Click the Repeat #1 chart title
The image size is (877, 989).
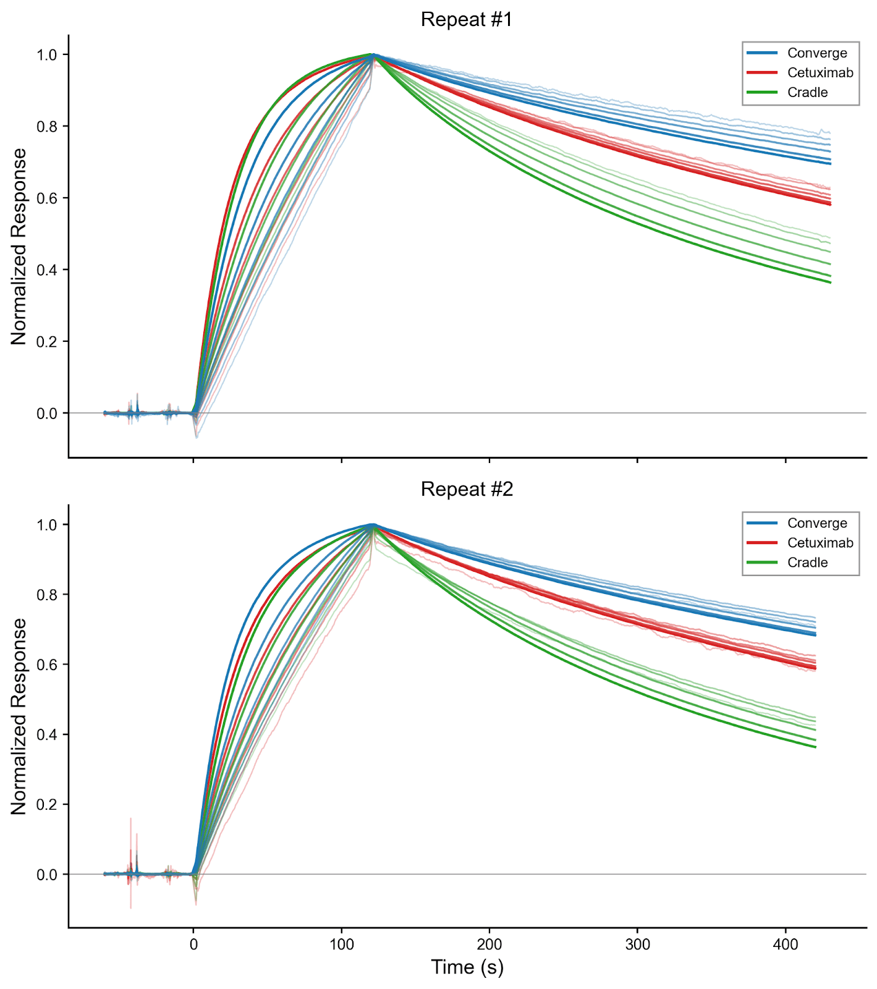click(x=467, y=20)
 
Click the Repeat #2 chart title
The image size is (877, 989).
click(x=467, y=490)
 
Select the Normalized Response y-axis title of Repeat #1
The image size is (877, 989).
click(x=19, y=246)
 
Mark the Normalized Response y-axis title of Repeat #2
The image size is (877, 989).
click(x=19, y=716)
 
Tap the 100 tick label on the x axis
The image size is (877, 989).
click(x=341, y=944)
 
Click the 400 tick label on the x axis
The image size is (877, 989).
click(x=786, y=944)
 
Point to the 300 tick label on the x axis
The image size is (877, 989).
click(x=637, y=944)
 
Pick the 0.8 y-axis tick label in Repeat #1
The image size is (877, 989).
click(x=47, y=127)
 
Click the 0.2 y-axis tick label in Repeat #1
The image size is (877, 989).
click(x=47, y=342)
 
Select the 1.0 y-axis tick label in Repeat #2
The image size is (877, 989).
click(x=47, y=525)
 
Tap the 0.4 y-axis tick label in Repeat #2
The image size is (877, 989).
click(x=47, y=735)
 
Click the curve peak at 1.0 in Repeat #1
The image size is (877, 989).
click(x=372, y=55)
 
